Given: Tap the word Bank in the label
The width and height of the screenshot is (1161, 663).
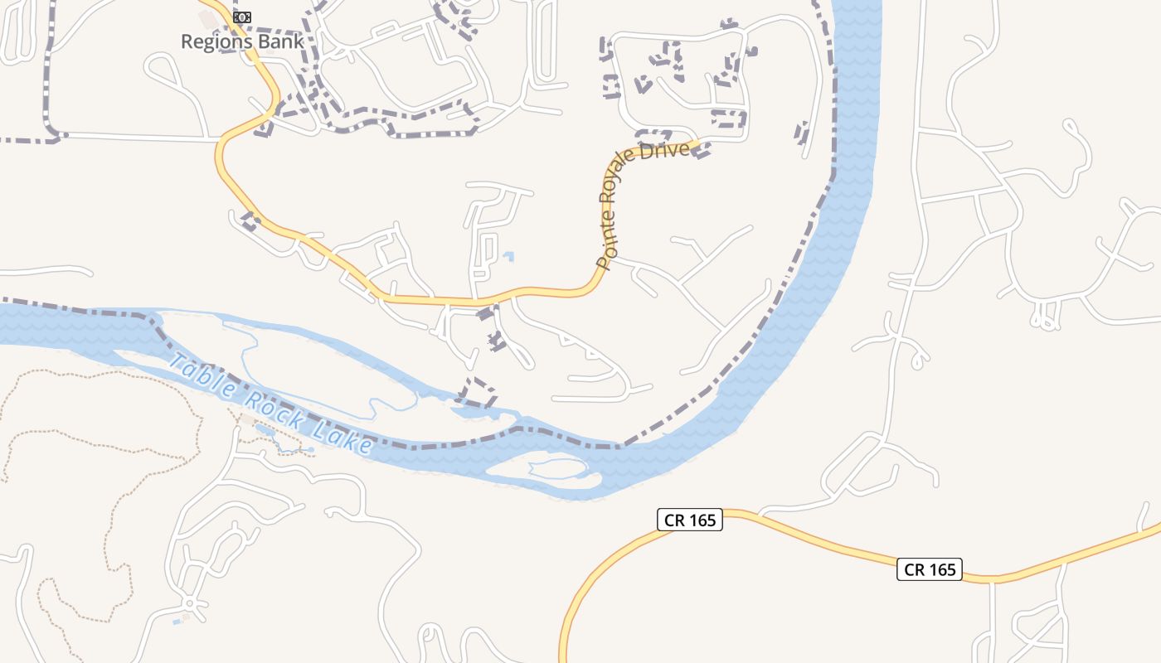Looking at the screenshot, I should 277,41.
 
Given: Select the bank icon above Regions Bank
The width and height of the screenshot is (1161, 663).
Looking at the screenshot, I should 242,17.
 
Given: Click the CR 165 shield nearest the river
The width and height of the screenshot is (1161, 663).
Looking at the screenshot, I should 690,520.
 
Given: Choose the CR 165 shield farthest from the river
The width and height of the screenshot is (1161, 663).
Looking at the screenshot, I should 929,569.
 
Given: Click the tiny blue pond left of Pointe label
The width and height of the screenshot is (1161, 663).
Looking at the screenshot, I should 508,256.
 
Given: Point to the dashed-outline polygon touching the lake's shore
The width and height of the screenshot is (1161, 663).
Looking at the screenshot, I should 477,391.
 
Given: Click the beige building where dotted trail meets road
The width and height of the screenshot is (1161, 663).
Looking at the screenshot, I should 247,421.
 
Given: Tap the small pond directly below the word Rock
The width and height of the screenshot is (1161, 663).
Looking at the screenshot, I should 265,429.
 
